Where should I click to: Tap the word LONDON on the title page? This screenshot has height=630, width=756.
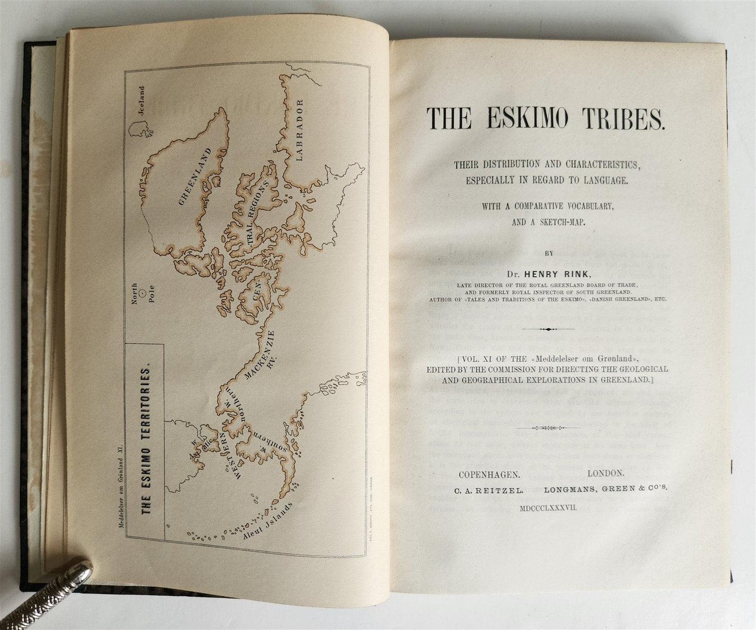605,473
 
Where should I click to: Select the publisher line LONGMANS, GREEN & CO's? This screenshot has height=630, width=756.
606,488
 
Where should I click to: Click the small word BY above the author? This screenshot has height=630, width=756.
548,253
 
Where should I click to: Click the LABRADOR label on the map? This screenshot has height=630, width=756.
299,129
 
